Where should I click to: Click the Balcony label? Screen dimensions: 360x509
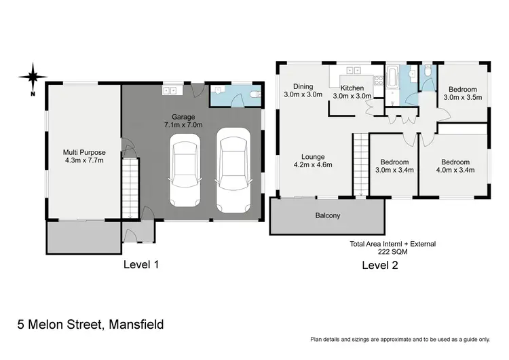coord(328,216)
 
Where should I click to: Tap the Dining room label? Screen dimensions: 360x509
coord(303,86)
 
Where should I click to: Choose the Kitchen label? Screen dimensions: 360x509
coord(352,88)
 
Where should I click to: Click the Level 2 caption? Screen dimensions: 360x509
coord(379,266)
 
